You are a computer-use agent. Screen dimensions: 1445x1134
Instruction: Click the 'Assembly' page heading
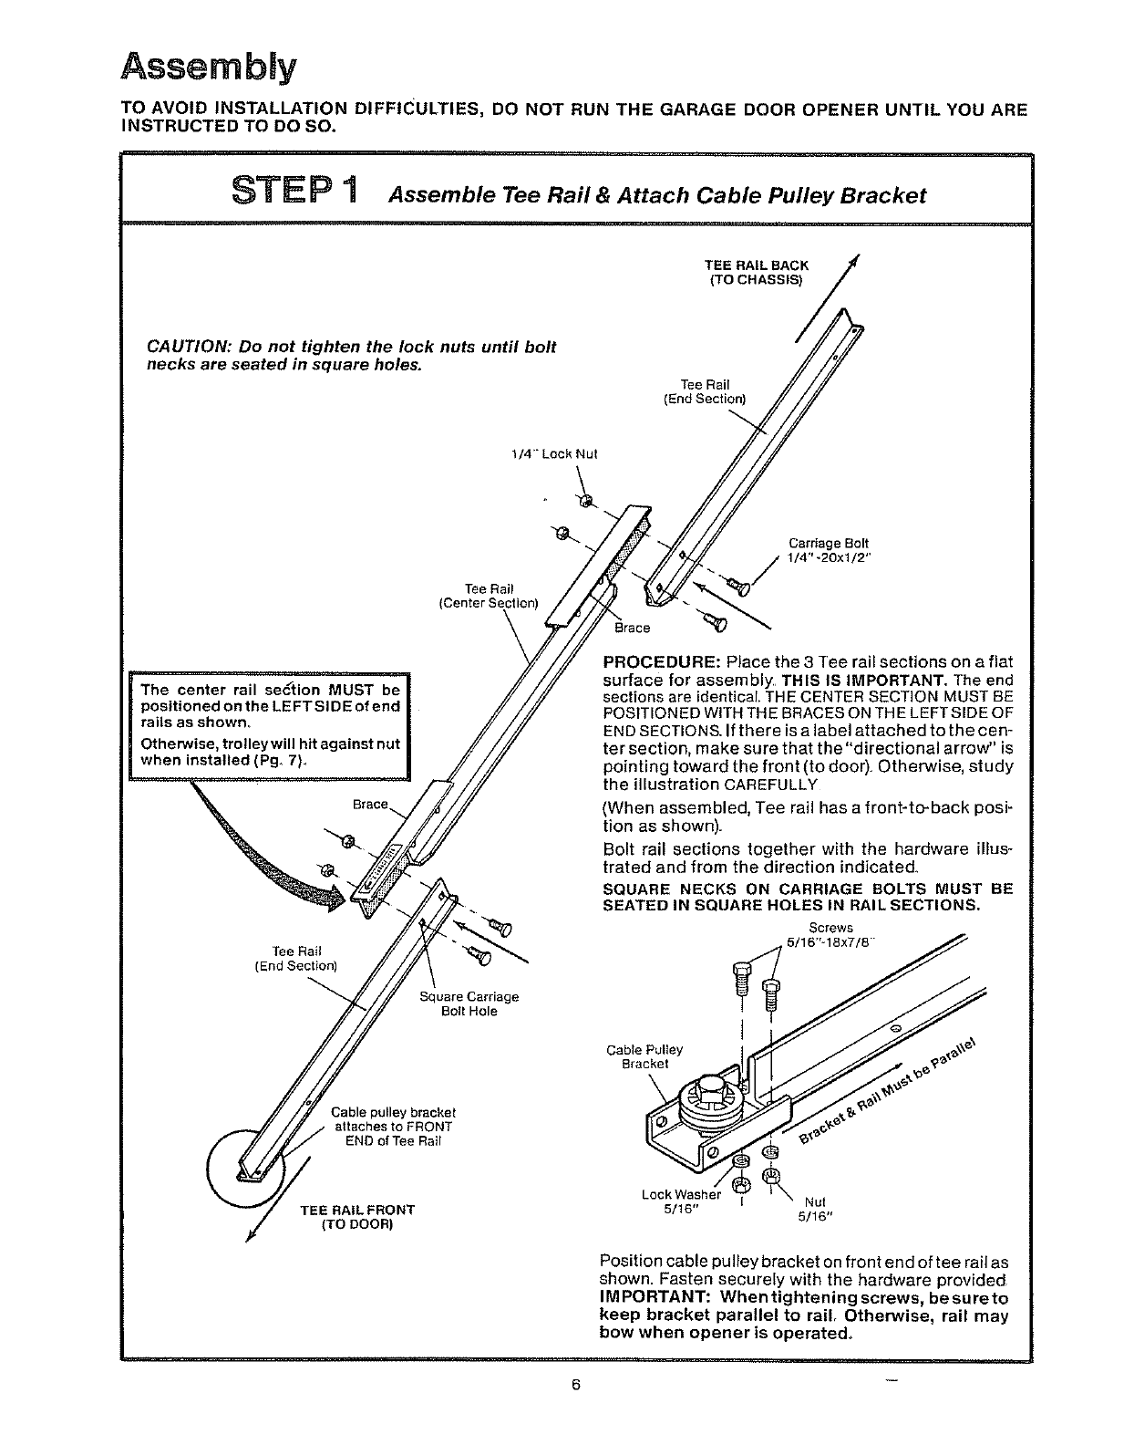[210, 67]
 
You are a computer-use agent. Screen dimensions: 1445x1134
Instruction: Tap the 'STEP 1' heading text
[295, 193]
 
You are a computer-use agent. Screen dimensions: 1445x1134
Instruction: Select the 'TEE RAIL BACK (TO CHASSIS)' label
[757, 272]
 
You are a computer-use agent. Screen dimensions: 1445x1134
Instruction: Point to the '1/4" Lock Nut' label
[554, 453]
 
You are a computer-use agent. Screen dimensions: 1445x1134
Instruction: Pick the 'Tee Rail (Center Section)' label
[490, 596]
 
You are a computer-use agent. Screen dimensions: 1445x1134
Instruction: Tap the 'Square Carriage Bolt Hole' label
[469, 1003]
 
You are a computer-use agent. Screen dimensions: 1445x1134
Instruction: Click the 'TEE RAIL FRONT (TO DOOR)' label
[357, 1217]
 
